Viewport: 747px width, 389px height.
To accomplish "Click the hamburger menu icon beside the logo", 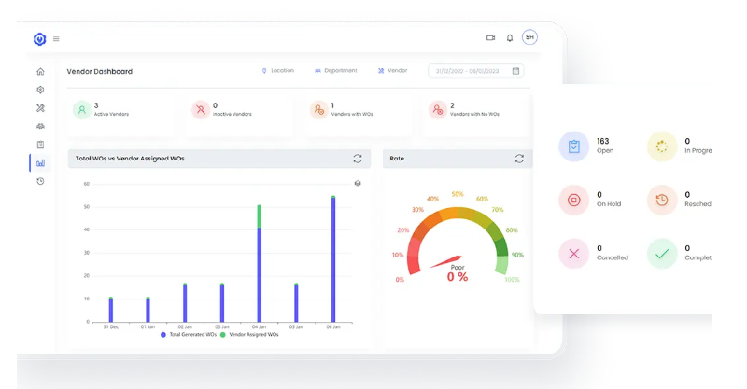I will point(56,39).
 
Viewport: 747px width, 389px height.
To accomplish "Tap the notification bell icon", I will point(510,38).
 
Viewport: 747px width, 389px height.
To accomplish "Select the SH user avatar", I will point(529,37).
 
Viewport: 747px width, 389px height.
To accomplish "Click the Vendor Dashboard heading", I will point(99,71).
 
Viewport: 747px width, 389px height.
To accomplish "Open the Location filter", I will point(277,71).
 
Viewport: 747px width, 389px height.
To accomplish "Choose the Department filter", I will point(335,71).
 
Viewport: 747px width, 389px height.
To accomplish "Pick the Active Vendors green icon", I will point(82,110).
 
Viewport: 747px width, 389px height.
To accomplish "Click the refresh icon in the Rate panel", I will point(519,159).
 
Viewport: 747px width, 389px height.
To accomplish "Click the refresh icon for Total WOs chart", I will point(358,159).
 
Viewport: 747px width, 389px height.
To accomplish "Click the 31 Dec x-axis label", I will point(110,327).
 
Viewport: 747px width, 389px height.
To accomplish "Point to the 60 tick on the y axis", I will point(86,184).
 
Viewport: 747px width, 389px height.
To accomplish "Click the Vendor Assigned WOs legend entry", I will point(249,335).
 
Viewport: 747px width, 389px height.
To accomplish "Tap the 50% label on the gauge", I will point(457,195).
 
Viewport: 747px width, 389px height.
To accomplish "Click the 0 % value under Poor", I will point(457,277).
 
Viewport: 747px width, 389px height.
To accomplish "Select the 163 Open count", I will point(603,142).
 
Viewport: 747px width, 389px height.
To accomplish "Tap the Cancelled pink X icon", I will point(573,254).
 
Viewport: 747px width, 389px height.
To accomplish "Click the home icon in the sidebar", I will point(40,72).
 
